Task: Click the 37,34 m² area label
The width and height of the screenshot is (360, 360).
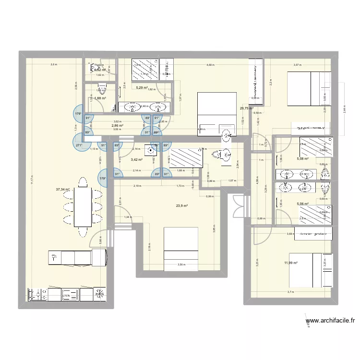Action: click(x=63, y=190)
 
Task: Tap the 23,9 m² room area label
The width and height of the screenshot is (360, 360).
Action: click(x=181, y=206)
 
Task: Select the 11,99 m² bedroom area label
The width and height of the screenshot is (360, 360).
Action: click(x=291, y=263)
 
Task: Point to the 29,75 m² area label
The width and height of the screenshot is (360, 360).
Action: click(x=246, y=108)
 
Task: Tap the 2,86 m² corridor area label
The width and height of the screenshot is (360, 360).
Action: click(x=117, y=126)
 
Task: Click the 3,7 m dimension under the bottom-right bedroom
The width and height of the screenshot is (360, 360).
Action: click(x=290, y=291)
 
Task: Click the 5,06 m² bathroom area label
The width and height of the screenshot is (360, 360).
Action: click(x=304, y=204)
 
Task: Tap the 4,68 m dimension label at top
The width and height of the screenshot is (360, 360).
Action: click(x=210, y=65)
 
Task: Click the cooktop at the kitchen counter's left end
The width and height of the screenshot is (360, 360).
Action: click(x=36, y=294)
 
